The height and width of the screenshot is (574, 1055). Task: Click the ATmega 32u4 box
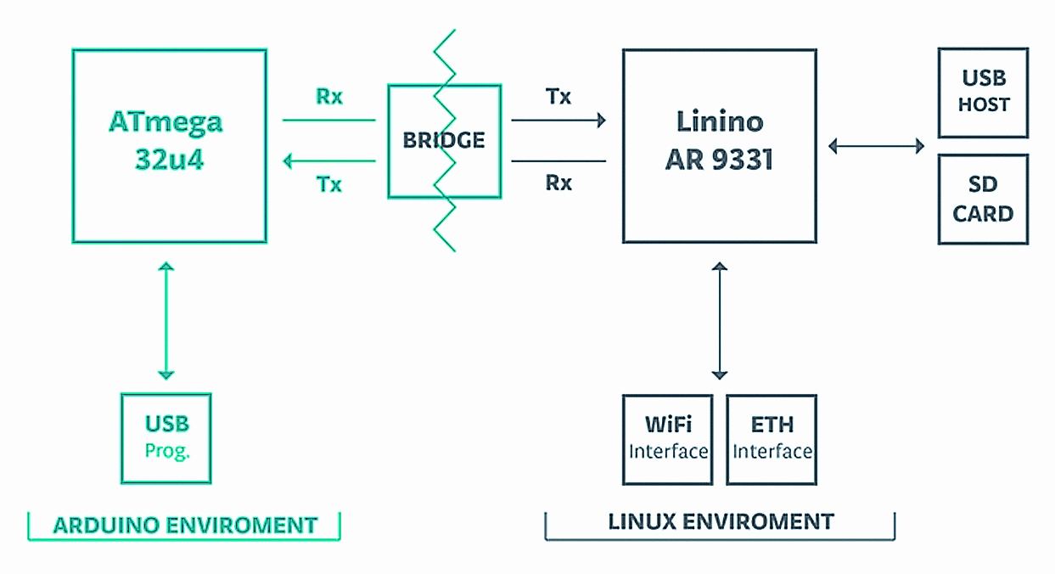[x=169, y=145]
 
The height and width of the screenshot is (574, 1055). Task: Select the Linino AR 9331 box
[x=720, y=145]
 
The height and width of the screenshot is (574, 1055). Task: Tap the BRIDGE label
[x=444, y=140]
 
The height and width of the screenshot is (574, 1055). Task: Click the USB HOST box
[x=983, y=92]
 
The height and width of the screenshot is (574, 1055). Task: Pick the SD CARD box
[x=983, y=200]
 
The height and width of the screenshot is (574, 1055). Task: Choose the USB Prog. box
[x=166, y=437]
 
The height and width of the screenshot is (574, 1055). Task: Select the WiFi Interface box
[x=667, y=439]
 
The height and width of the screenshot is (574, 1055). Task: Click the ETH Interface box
[x=772, y=439]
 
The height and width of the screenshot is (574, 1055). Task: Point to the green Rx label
[x=329, y=97]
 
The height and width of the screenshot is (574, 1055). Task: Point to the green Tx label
[x=329, y=184]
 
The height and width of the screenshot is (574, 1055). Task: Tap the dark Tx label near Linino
[x=558, y=97]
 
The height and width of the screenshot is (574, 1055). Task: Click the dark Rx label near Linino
[x=558, y=183]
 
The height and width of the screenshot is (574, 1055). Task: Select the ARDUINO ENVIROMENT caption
[x=185, y=525]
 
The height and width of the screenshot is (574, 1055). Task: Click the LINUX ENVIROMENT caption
[x=721, y=521]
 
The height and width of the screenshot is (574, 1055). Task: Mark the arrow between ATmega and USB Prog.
[x=166, y=320]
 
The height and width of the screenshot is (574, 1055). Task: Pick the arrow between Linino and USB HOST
[x=876, y=146]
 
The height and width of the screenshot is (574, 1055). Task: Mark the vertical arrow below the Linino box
[x=720, y=320]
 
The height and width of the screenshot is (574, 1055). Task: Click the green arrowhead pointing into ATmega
[x=289, y=160]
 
